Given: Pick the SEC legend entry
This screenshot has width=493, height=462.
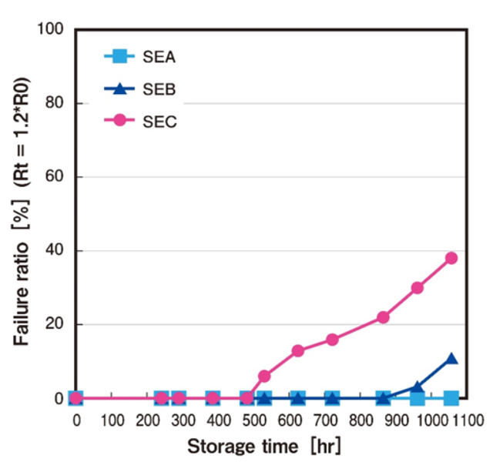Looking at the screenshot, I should tap(143, 121).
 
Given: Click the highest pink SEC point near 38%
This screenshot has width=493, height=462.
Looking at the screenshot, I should tap(451, 258).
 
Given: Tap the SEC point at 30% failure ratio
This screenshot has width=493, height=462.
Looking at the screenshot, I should tap(418, 287).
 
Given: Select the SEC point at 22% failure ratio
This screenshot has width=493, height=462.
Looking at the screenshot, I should tap(383, 317).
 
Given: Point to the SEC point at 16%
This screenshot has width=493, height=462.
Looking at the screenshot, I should tap(332, 339).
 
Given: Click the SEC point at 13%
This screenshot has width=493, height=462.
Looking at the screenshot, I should tap(298, 350).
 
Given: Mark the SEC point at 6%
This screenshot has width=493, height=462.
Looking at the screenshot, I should tap(264, 376).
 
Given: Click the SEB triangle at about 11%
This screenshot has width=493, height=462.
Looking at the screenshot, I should tap(451, 359).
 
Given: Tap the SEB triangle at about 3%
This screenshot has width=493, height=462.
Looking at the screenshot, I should tap(418, 387).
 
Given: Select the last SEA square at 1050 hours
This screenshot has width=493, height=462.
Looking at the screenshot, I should tap(451, 398).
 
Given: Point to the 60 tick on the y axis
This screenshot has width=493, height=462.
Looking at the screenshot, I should tap(58, 177).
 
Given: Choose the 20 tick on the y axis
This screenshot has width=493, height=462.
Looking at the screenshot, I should tap(58, 325).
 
